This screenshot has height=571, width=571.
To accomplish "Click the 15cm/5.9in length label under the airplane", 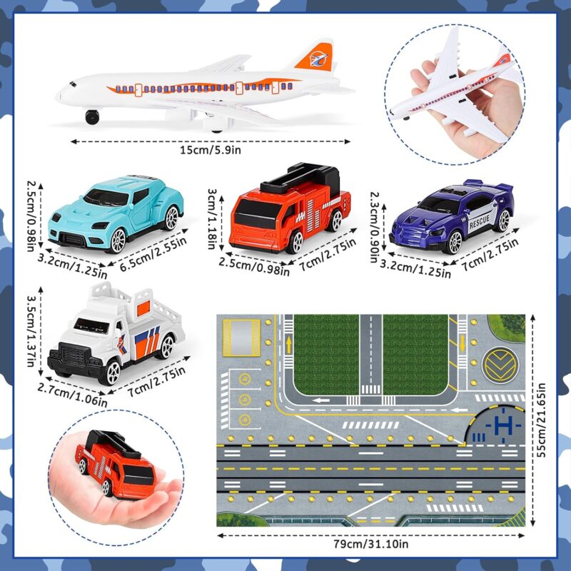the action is pyautogui.click(x=211, y=150).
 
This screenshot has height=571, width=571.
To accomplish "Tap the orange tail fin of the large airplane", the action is pyautogui.click(x=315, y=57).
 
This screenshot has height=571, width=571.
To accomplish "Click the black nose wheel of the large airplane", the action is pyautogui.click(x=92, y=116).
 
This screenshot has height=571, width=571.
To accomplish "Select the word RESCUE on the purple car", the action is pyautogui.click(x=479, y=221).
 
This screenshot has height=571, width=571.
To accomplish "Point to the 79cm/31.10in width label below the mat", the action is pyautogui.click(x=371, y=544).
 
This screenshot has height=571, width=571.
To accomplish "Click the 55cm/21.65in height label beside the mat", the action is pyautogui.click(x=541, y=420).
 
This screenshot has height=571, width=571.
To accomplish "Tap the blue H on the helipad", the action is pyautogui.click(x=504, y=425).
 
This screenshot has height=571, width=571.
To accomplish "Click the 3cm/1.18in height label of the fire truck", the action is pyautogui.click(x=212, y=218).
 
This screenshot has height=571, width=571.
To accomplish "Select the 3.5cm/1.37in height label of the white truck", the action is pyautogui.click(x=31, y=330).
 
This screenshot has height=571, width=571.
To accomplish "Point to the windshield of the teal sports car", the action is pyautogui.click(x=106, y=198).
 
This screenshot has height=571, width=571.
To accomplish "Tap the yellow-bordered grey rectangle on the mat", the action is pyautogui.click(x=241, y=338).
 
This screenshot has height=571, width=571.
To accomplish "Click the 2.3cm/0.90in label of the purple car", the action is pyautogui.click(x=375, y=227).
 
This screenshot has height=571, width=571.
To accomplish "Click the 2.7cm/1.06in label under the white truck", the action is pyautogui.click(x=72, y=395).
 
